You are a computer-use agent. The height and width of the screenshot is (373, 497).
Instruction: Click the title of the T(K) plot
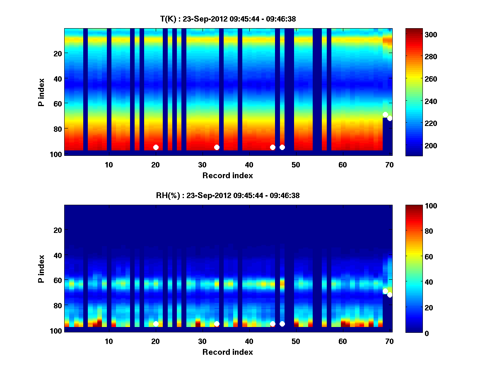click(228, 19)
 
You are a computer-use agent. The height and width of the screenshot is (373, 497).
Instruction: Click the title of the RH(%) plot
click(228, 196)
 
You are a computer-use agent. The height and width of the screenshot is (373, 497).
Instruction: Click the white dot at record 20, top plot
click(156, 147)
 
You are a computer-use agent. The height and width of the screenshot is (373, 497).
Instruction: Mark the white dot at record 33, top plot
click(217, 147)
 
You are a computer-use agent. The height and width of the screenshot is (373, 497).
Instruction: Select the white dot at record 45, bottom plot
click(273, 324)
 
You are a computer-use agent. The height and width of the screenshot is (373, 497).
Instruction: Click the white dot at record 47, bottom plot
click(282, 324)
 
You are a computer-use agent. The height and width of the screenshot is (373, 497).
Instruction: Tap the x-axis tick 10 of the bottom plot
click(109, 341)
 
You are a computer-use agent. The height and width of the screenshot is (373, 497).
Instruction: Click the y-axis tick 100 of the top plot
click(57, 154)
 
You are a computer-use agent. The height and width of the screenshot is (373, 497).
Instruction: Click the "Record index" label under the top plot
click(228, 175)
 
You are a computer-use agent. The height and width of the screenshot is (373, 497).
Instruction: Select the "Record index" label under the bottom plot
click(228, 352)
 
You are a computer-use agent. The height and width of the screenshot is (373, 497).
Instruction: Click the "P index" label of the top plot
click(41, 92)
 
